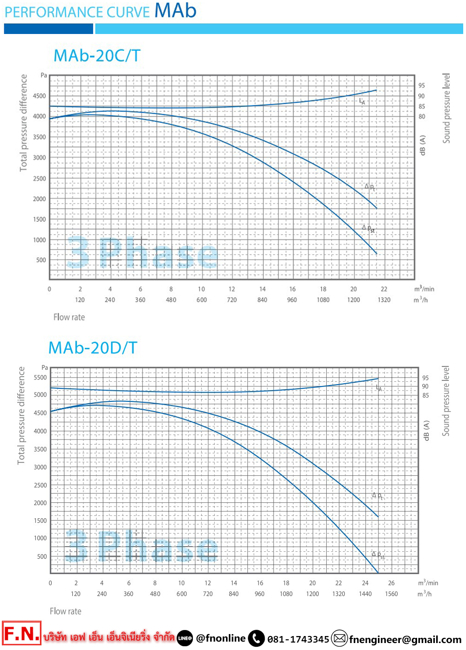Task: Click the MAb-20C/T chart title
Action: pyautogui.click(x=97, y=56)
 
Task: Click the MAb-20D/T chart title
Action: pyautogui.click(x=93, y=348)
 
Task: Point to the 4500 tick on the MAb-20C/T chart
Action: pyautogui.click(x=40, y=96)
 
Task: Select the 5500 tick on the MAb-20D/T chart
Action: pyautogui.click(x=41, y=378)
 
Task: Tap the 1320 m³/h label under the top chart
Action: pyautogui.click(x=384, y=300)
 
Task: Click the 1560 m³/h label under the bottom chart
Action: pyautogui.click(x=391, y=594)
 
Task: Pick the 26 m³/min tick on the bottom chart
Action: pyautogui.click(x=391, y=583)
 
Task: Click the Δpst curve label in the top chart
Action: pyautogui.click(x=369, y=229)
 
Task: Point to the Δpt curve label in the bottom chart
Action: pyautogui.click(x=377, y=496)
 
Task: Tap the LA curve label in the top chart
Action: pyautogui.click(x=362, y=101)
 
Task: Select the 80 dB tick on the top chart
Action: pyautogui.click(x=422, y=117)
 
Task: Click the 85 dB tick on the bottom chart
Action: pyautogui.click(x=425, y=395)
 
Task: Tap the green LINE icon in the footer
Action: pyautogui.click(x=185, y=638)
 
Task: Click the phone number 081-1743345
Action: pyautogui.click(x=298, y=639)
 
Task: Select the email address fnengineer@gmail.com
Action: pyautogui.click(x=405, y=639)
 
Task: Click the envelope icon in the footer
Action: pyautogui.click(x=340, y=638)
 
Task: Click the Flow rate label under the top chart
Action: pyautogui.click(x=69, y=317)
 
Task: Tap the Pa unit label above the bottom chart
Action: pyautogui.click(x=45, y=367)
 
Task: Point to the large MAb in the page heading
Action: pyautogui.click(x=175, y=10)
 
